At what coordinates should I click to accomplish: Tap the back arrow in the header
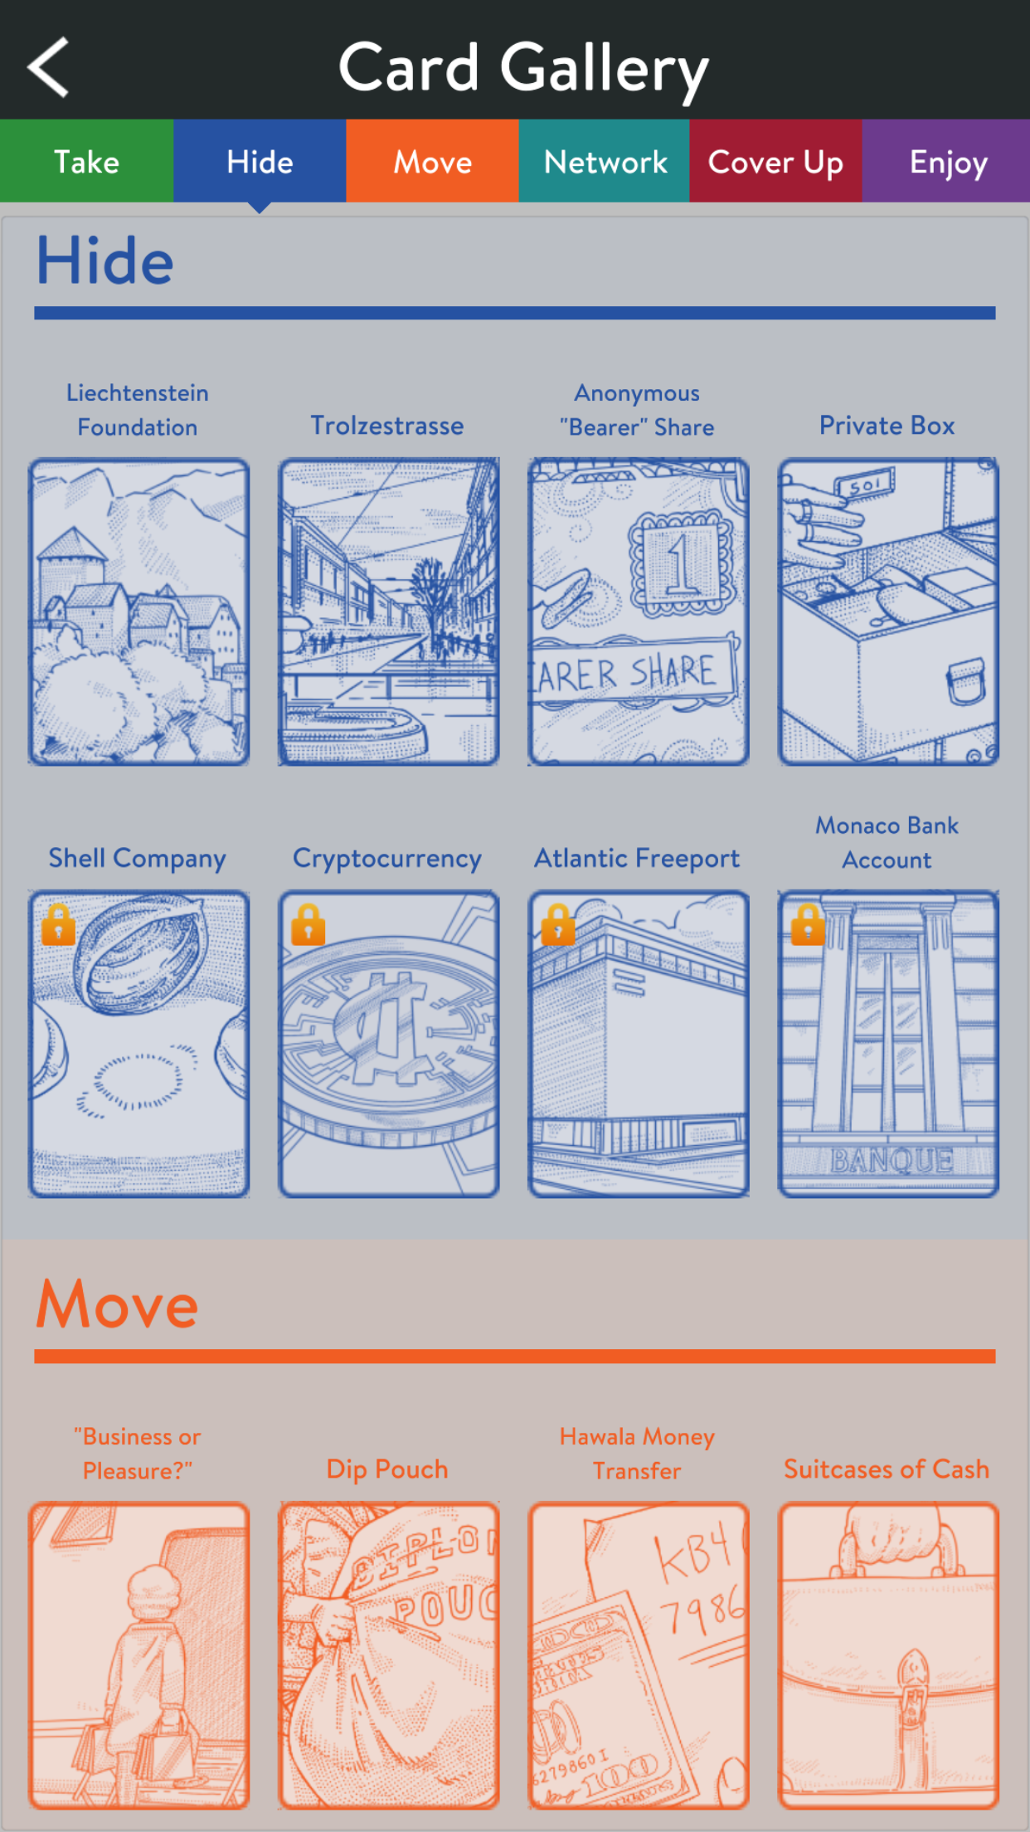48,67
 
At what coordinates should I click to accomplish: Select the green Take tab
86,161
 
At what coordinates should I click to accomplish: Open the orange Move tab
432,161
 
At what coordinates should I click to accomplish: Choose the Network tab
605,161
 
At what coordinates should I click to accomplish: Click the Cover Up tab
775,161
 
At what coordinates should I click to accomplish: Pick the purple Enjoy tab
946,161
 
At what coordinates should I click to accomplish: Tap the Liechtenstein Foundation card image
138,611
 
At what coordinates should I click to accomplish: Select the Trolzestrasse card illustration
389,611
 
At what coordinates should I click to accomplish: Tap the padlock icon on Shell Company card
59,924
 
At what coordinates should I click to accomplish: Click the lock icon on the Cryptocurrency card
309,924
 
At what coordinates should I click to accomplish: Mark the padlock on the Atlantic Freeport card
558,924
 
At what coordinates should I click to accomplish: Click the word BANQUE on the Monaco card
892,1160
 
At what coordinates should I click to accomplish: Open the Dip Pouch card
389,1655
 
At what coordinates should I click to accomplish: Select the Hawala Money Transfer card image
639,1655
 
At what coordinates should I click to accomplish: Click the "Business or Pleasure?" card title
138,1454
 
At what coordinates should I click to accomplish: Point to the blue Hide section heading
105,261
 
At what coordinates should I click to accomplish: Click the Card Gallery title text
523,70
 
